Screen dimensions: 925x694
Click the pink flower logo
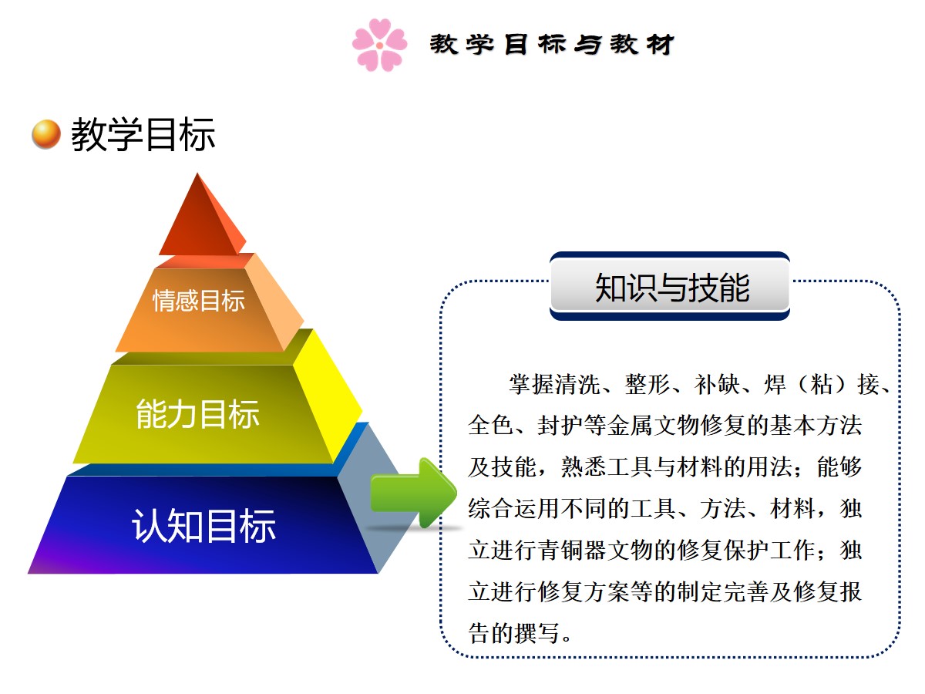tap(379, 45)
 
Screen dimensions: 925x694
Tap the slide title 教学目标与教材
tap(552, 44)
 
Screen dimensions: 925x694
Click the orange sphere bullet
tap(46, 134)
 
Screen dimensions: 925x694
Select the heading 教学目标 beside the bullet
tap(143, 134)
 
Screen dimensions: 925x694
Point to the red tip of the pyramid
tap(202, 215)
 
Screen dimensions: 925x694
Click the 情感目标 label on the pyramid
tap(198, 301)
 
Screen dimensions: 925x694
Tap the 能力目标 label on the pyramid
tap(197, 414)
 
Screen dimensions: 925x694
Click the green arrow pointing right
tap(413, 493)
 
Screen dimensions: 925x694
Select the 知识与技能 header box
tap(670, 286)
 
